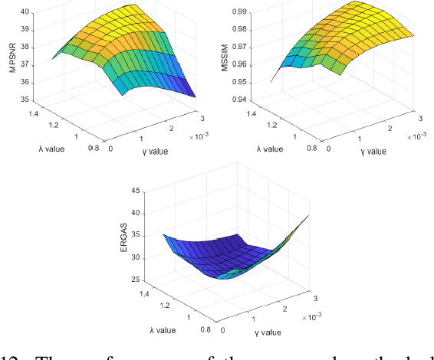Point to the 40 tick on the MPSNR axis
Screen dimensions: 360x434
pyautogui.click(x=25, y=12)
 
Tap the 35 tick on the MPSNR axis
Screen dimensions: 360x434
pyautogui.click(x=25, y=100)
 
